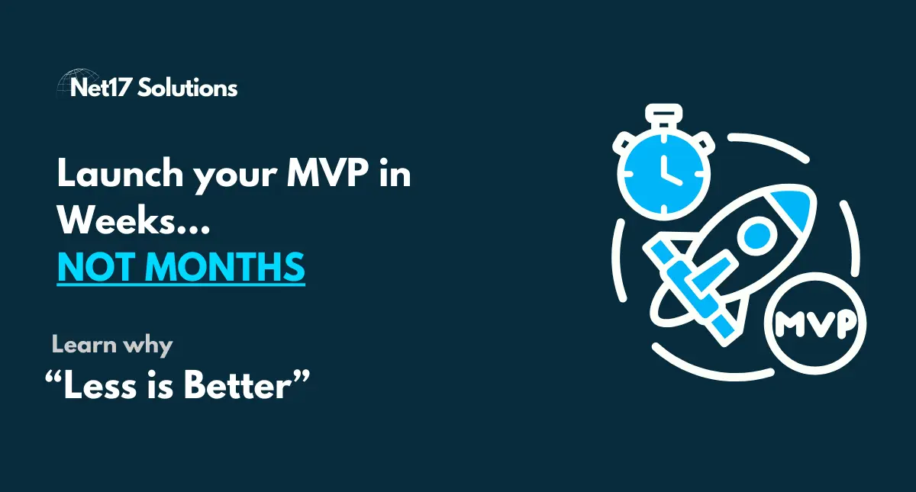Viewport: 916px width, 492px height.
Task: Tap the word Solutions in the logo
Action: pos(195,88)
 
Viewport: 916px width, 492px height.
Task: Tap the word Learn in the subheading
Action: pos(83,345)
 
